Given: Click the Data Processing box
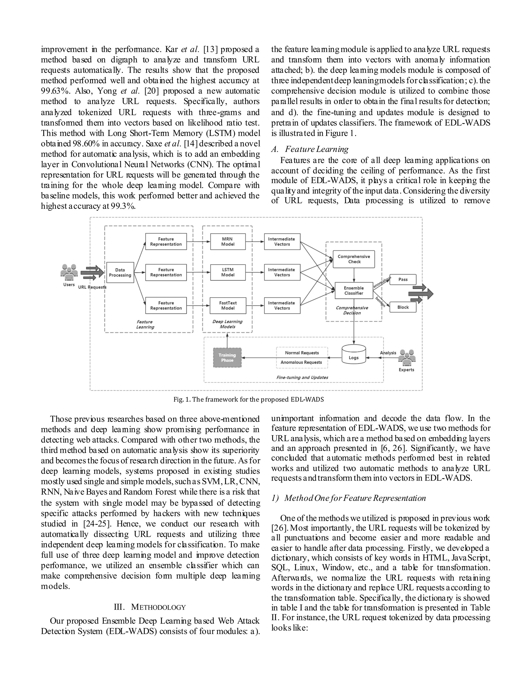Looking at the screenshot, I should point(120,272).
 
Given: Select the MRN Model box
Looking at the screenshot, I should point(228,242).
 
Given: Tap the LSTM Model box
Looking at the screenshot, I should point(228,272).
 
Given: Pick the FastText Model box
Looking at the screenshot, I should point(228,305).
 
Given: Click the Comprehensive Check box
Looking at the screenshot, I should point(354,259).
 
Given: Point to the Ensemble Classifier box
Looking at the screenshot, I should point(354,290).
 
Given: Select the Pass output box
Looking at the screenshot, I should point(403,279).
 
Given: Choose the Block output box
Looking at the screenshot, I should point(403,307).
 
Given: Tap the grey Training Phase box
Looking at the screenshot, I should point(227,357).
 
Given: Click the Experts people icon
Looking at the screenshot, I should point(407,358).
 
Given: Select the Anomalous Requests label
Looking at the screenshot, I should point(301,362).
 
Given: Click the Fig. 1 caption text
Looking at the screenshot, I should point(248,399).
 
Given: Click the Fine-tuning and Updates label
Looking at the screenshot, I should point(302,377).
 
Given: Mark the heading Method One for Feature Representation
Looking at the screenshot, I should point(349,498).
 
